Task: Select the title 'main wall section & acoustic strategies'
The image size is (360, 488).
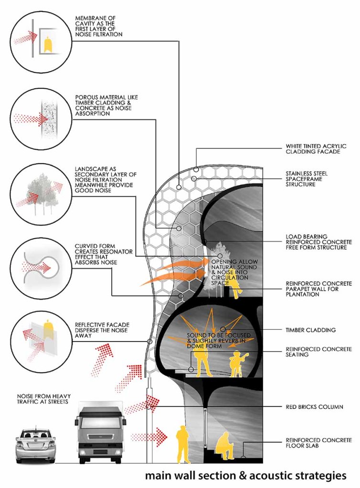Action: pyautogui.click(x=245, y=475)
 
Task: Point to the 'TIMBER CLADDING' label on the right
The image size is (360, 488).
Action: pyautogui.click(x=310, y=330)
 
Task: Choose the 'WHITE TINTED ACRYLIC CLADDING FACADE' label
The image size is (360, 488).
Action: pyautogui.click(x=316, y=149)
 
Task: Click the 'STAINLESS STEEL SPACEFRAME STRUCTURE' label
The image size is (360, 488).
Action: pyautogui.click(x=313, y=179)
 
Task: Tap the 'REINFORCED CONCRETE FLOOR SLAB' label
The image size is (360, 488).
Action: pyautogui.click(x=316, y=443)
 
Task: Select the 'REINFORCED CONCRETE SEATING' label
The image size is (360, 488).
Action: pyautogui.click(x=318, y=352)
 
